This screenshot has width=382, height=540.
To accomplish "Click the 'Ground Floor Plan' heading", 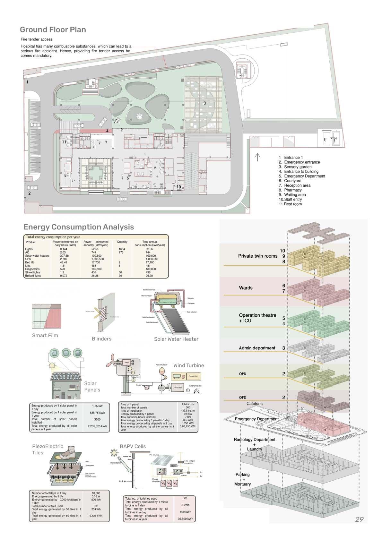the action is tap(53, 30).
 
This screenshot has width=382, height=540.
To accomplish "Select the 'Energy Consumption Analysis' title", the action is tap(79, 227).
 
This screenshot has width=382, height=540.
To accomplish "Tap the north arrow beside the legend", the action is tap(257, 157).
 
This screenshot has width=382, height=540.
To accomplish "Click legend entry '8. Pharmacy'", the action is tap(290, 190).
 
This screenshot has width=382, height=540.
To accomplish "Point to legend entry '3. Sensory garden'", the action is tap(295, 167).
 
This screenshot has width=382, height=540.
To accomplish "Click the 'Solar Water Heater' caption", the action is tap(176, 339).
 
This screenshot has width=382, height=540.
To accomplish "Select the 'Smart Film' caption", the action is tap(45, 336).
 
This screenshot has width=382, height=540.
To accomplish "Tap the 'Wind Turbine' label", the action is tap(188, 365).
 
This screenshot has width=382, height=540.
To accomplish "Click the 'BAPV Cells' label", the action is tap(133, 446).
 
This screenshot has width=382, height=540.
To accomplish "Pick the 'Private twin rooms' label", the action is tap(258, 256).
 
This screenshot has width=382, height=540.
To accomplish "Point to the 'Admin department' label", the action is tap(257, 348).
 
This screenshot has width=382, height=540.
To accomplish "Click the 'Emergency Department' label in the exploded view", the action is tap(256, 419).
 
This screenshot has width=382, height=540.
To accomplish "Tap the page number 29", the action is tap(359, 519).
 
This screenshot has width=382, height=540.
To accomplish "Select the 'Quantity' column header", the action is tap(122, 242).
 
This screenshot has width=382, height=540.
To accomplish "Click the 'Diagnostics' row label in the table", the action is tap(32, 269).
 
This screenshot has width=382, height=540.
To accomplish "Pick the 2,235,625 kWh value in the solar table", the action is tap(97, 426).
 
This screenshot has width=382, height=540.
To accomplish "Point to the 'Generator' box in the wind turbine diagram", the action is tap(178, 388).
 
